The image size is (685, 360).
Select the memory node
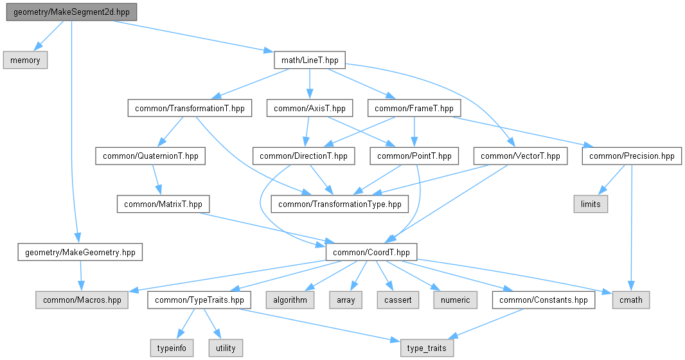coord(26,60)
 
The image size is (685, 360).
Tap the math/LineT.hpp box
coord(310,60)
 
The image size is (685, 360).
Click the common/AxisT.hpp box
coord(310,108)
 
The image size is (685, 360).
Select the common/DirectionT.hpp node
coord(304,156)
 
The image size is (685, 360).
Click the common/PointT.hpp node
coord(414,156)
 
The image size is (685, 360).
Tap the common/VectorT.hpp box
coord(520,156)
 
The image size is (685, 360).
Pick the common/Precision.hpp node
coord(632,156)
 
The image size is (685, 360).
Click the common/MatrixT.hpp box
coord(163,204)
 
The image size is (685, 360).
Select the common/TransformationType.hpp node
coord(340,204)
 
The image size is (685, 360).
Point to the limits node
coord(590,204)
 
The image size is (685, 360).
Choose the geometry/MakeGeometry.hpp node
coord(80,251)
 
